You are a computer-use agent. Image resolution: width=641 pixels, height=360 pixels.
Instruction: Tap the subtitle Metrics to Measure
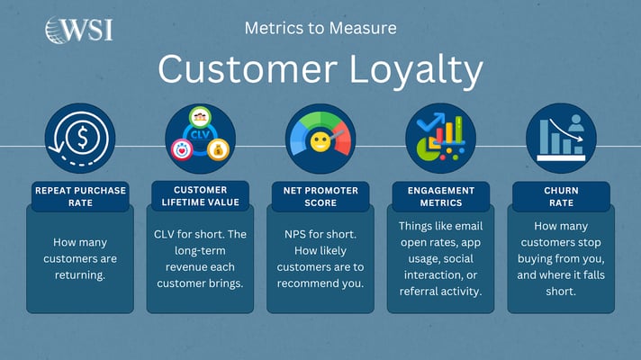[x=320, y=28]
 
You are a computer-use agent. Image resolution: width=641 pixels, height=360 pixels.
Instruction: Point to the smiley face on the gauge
[x=320, y=142]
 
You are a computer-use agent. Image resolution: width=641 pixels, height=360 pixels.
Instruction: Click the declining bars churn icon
[x=560, y=139]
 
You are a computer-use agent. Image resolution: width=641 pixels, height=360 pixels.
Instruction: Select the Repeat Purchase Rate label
[x=80, y=195]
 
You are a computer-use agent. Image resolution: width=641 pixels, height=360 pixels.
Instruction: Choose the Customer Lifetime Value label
[x=200, y=195]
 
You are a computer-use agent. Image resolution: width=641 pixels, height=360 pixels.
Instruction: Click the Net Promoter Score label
[x=320, y=195]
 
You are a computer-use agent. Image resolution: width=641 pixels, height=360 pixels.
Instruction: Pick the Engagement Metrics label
[x=440, y=195]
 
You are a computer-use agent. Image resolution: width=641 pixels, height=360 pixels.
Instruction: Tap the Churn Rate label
[x=560, y=195]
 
